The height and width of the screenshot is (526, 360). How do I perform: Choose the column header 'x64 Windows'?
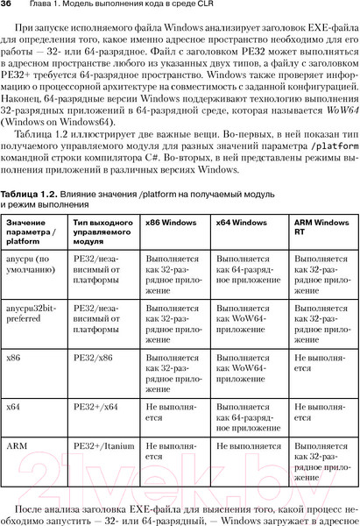[x=241, y=224]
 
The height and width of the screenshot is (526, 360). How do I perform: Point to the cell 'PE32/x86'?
[x=93, y=357]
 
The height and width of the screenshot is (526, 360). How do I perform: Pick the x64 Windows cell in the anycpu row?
[x=248, y=271]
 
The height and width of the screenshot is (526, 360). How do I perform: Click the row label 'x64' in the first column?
[x=13, y=406]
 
